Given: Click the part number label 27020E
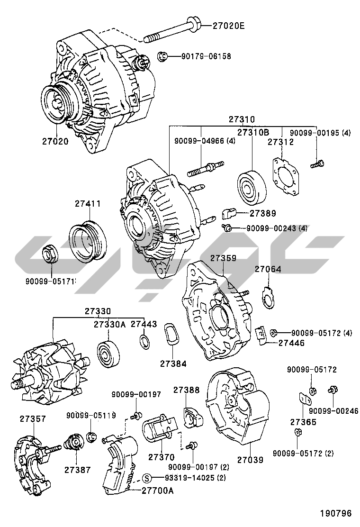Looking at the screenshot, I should pyautogui.click(x=228, y=26).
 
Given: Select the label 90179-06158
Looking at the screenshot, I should pyautogui.click(x=206, y=56).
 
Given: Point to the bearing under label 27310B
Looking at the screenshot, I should pyautogui.click(x=251, y=186).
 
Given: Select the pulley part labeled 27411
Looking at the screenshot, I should pyautogui.click(x=88, y=241).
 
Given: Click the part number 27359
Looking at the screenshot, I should pyautogui.click(x=223, y=259).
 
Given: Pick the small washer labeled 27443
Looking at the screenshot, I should pyautogui.click(x=144, y=341).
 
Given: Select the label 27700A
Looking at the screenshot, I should pyautogui.click(x=157, y=491).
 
